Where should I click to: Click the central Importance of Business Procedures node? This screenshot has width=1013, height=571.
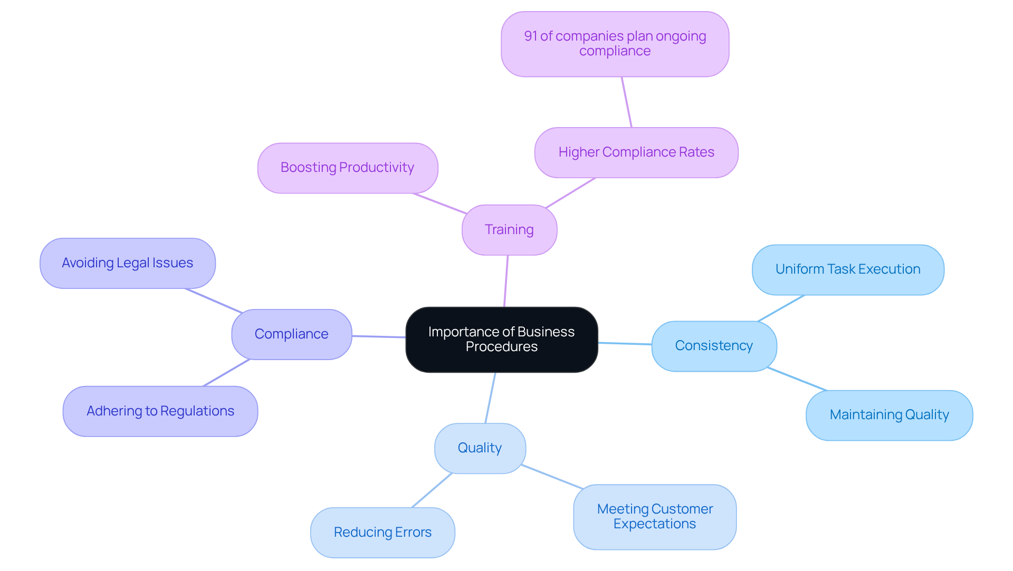501,340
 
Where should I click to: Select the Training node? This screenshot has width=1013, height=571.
509,230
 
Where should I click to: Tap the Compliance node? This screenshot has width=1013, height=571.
291,334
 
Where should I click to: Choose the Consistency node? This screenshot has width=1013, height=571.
714,346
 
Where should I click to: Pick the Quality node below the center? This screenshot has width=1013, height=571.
480,448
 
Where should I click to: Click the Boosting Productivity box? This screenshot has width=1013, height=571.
347,168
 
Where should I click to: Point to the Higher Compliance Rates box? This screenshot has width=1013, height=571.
636,152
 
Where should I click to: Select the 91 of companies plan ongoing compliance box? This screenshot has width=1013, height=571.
615,44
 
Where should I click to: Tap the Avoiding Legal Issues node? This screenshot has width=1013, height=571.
127,263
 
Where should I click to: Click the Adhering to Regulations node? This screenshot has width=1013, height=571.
160,411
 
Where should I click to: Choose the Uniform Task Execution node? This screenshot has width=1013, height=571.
847,269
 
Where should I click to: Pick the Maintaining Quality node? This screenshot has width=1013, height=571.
889,415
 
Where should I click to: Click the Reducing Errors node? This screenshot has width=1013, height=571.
383,533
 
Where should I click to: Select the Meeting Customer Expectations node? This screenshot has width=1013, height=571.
654,517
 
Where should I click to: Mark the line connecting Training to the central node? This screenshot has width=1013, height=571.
506,281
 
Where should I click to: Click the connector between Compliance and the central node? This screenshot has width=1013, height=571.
379,336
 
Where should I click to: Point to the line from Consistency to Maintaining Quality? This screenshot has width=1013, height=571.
797,379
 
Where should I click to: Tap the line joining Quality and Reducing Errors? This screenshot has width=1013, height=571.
432,490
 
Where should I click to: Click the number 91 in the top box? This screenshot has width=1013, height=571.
530,36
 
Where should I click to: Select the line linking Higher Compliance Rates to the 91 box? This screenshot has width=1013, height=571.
627,102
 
